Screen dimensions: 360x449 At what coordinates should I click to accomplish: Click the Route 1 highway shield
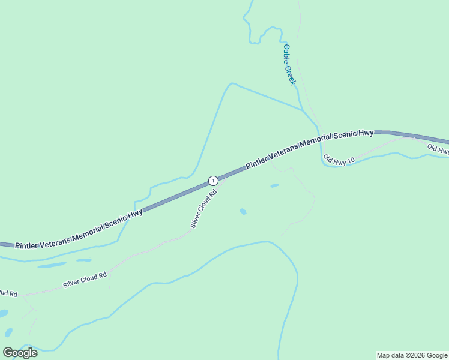(212, 181)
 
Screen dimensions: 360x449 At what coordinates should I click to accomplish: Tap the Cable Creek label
(289, 65)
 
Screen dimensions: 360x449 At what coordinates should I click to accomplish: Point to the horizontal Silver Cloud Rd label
(85, 280)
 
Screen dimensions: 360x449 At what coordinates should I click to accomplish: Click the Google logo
(20, 353)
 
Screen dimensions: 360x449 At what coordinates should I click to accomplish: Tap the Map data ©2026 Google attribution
(412, 355)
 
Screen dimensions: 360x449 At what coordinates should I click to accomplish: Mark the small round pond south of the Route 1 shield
(243, 211)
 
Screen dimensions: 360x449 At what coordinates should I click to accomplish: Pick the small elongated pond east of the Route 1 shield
(274, 186)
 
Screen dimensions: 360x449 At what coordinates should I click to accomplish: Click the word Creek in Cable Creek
(291, 74)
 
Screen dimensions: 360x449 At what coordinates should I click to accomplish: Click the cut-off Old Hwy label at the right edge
(438, 149)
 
